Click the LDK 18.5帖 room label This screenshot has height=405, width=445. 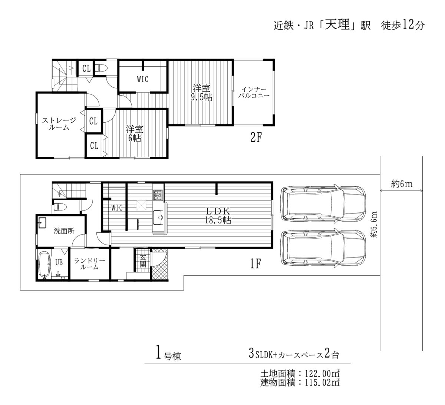[218, 215]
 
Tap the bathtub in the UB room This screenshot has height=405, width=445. [44, 265]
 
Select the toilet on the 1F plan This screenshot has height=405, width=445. [60, 207]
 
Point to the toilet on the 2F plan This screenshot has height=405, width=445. [101, 68]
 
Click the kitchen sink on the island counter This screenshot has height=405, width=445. [158, 218]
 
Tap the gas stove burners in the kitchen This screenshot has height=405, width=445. [158, 195]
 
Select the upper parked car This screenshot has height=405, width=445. [323, 204]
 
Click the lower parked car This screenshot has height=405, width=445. [323, 249]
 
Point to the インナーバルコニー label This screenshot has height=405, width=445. [254, 92]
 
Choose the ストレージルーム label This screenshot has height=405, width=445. [59, 124]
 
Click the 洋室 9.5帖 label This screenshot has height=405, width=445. [202, 92]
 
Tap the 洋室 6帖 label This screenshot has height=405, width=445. [135, 133]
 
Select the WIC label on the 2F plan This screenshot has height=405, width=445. [142, 79]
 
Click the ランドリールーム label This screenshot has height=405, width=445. [90, 264]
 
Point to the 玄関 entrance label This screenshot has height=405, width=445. [143, 261]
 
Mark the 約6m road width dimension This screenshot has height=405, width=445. [402, 184]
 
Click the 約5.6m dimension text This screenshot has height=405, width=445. [374, 225]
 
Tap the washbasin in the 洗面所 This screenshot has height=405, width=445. [42, 223]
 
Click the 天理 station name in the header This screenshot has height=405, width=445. [337, 24]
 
